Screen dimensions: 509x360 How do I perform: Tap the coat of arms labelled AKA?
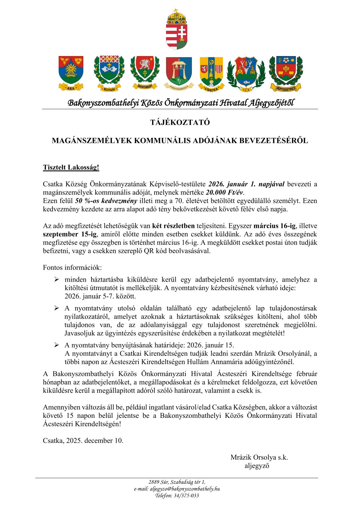(71, 72)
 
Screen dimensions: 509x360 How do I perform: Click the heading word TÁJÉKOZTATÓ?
(180, 123)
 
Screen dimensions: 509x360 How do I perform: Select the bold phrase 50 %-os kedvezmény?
(106, 201)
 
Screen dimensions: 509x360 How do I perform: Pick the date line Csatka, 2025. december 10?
(83, 440)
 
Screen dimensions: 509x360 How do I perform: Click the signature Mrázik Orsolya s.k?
(259, 458)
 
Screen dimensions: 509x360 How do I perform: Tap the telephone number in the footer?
(185, 495)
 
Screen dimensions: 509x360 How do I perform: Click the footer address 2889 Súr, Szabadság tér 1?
(177, 482)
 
